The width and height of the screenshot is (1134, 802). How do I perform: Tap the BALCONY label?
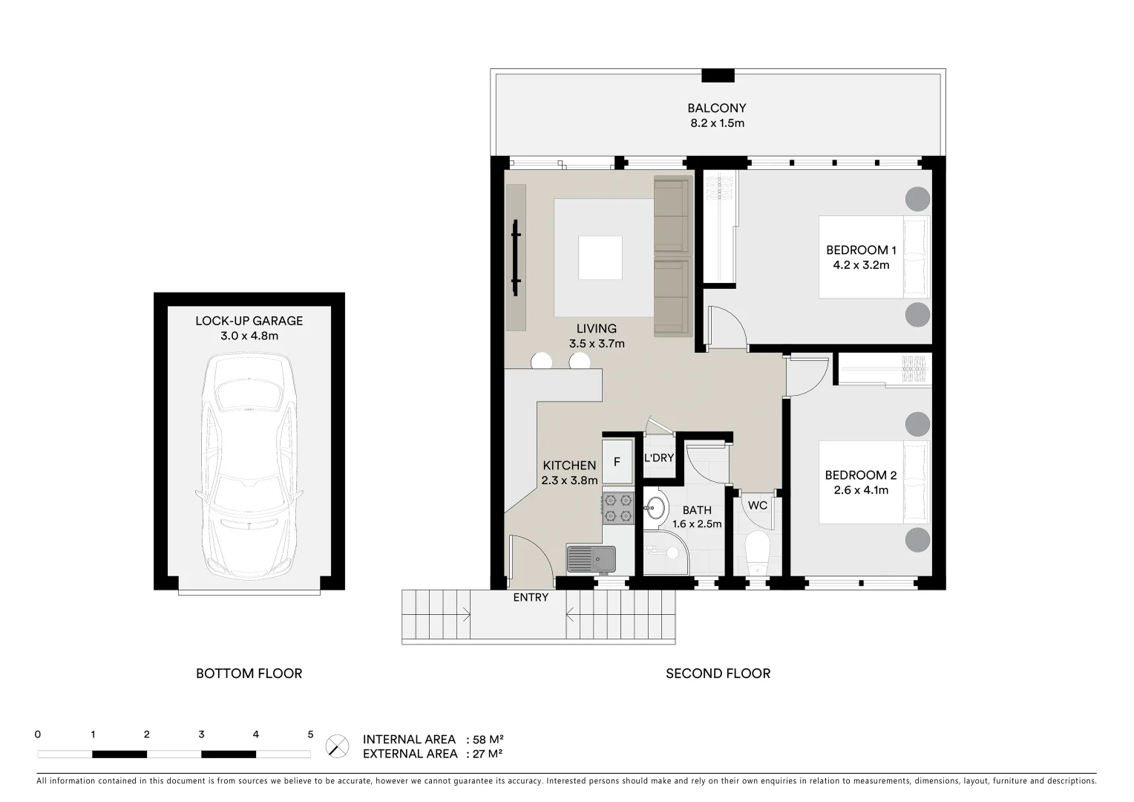(x=716, y=108)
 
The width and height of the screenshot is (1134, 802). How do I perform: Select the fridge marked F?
(x=616, y=462)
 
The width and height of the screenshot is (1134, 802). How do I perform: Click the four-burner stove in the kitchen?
(x=618, y=507)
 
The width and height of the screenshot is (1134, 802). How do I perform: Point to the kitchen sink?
(x=591, y=558)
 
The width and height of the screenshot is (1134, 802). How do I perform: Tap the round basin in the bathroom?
(x=655, y=509)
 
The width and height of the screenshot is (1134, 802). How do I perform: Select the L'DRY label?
(x=658, y=458)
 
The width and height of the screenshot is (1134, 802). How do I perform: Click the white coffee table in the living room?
(x=600, y=258)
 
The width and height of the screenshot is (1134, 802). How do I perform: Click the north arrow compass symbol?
(x=338, y=746)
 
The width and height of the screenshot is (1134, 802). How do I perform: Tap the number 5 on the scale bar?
(x=310, y=734)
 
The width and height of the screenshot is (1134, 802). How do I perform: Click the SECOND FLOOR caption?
(x=718, y=674)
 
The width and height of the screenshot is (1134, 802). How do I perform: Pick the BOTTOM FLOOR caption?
(x=249, y=674)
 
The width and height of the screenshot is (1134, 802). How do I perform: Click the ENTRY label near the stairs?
(x=531, y=597)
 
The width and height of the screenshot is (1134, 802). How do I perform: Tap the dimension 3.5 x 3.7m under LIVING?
(x=597, y=344)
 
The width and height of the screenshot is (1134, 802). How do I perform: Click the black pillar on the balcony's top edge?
(x=718, y=75)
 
